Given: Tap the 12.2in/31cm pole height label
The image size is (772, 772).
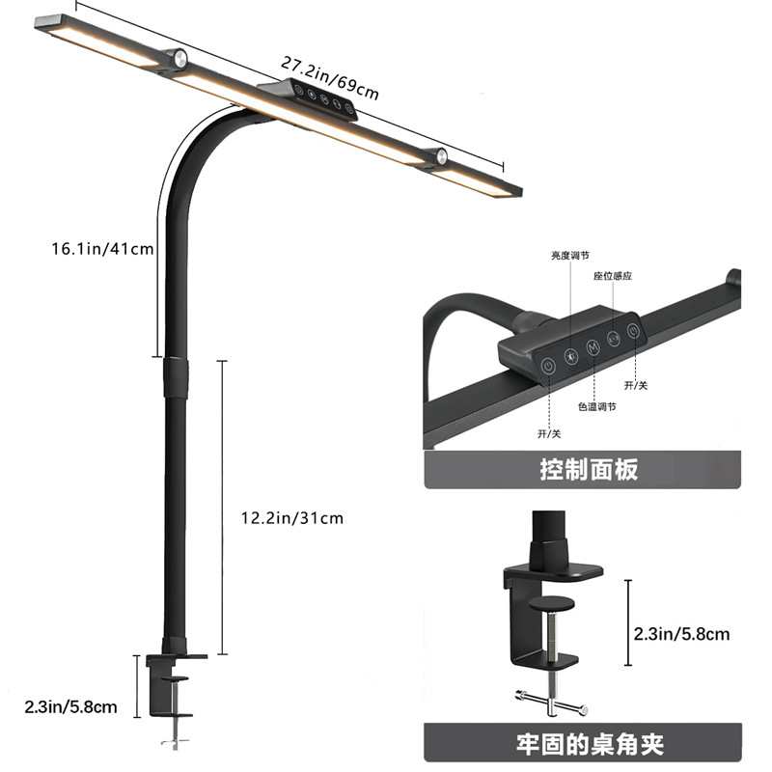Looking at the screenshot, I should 291,518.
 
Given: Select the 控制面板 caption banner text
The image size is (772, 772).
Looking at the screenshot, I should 588,471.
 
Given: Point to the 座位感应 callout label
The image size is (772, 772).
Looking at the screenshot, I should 612,275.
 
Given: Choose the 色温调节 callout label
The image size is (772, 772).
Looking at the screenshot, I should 597,406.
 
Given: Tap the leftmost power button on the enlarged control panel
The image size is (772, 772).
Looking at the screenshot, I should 547,365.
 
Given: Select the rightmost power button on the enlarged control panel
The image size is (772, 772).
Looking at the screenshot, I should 633,331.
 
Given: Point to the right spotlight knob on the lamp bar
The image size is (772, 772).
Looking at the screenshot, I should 440,156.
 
